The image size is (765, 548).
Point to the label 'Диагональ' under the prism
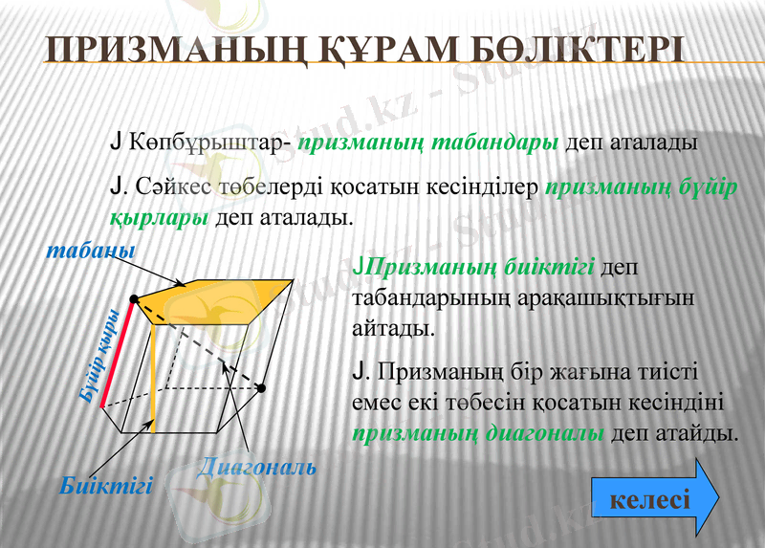pos(256,468)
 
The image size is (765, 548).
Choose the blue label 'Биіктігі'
pos(105,485)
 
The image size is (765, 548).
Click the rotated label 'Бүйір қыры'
pos(99,353)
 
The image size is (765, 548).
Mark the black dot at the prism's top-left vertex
pos(134,299)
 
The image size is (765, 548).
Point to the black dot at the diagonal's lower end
pos(260,388)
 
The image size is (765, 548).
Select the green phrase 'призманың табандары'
pos(428,144)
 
